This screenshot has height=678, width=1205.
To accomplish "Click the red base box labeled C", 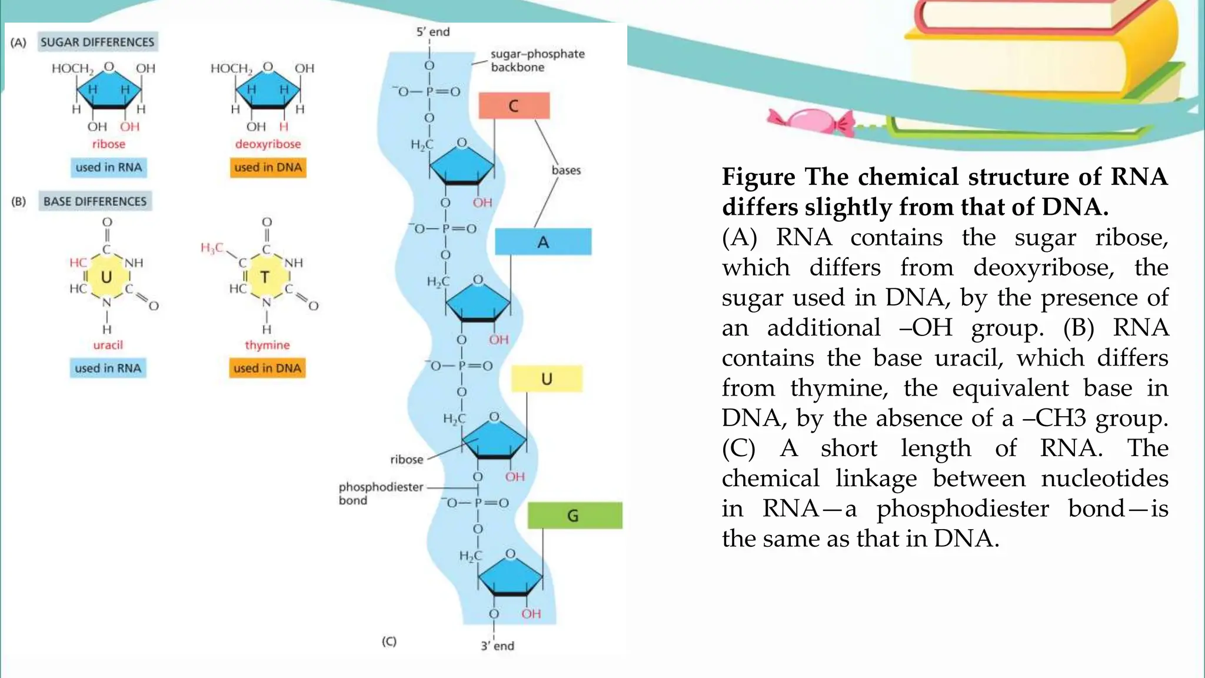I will [514, 106].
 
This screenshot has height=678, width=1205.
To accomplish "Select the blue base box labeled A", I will [542, 242].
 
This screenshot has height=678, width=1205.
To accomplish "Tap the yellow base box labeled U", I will [547, 379].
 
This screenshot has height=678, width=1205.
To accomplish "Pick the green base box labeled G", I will [574, 516].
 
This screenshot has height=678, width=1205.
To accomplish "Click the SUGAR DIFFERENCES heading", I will [98, 42].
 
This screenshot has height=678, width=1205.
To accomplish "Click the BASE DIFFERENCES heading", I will [95, 201].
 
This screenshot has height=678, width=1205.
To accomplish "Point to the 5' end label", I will [433, 32].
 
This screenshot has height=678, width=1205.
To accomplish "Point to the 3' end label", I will [497, 646].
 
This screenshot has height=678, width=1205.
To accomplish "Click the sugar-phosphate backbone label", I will [537, 61].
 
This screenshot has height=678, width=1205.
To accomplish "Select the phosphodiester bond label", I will [380, 493].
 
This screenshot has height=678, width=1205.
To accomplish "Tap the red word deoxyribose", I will [268, 144].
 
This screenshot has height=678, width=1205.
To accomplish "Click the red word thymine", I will [267, 345].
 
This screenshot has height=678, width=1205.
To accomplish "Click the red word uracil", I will [108, 345].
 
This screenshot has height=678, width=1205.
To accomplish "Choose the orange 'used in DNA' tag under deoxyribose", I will [268, 168].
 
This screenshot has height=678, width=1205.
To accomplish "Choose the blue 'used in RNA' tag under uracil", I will [108, 368].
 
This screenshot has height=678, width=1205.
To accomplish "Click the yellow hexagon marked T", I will [265, 277].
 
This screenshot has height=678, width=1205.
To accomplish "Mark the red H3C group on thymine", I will [212, 248].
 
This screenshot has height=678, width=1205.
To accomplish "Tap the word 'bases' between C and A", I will [566, 170].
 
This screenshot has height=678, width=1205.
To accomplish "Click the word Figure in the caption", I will [758, 177].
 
